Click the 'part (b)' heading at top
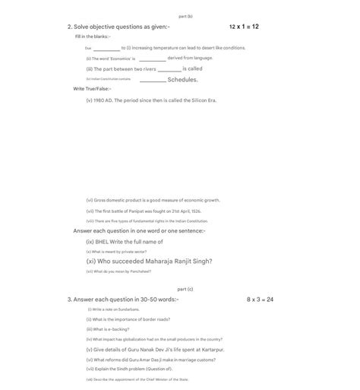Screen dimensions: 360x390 pos(185,15)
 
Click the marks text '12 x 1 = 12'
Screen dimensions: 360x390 pos(244,27)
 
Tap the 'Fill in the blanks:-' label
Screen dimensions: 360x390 pos(93,36)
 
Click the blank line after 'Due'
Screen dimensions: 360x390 pos(106,48)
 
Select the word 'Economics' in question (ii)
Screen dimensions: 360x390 pos(122,59)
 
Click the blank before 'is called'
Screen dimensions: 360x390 pos(169,69)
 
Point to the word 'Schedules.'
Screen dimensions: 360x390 pos(182,79)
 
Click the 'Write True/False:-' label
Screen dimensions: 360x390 pos(92,89)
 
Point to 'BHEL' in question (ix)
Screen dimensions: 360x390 pos(103,242)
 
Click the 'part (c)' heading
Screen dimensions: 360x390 pos(185,289)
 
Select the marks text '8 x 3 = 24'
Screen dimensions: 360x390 pos(260,300)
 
